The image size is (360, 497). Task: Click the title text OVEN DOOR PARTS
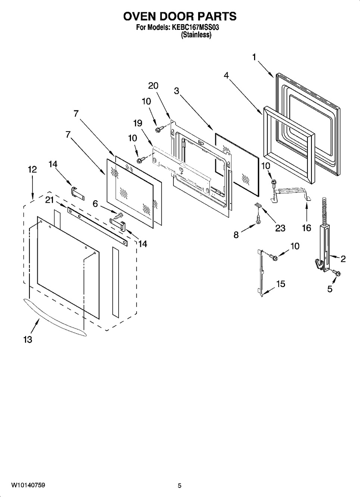[x=180, y=16]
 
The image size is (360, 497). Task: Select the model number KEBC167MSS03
[x=194, y=28]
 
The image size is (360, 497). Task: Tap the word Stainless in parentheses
[x=196, y=35]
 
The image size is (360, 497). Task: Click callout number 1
[x=254, y=57]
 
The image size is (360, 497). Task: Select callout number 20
[x=153, y=86]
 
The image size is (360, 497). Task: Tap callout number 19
[x=138, y=123]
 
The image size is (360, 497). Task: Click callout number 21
[x=50, y=200]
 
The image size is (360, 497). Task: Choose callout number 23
[x=280, y=228]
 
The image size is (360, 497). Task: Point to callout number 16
[x=307, y=228]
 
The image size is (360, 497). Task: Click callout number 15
[x=281, y=284]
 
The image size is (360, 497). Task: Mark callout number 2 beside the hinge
[x=343, y=259]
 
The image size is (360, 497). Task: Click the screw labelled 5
[x=336, y=273]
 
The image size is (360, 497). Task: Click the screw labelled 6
[x=117, y=216]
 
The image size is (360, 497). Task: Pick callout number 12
[x=32, y=170]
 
